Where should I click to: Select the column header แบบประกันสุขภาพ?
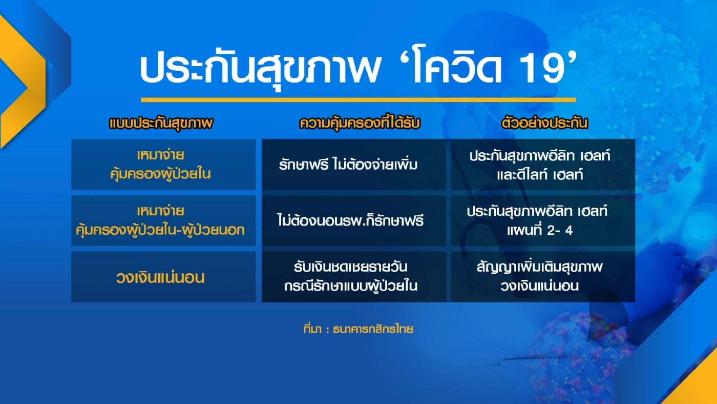tap(161, 124)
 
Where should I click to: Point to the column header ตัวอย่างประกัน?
tap(544, 124)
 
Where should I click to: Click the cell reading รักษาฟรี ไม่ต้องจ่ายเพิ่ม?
tap(349, 165)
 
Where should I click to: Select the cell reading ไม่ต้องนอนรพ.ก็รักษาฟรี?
tap(351, 221)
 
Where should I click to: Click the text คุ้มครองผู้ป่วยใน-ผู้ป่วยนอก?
tap(160, 230)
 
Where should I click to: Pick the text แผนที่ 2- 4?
tap(539, 231)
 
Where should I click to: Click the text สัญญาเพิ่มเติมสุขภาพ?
tap(539, 267)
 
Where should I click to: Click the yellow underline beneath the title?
tap(358, 99)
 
